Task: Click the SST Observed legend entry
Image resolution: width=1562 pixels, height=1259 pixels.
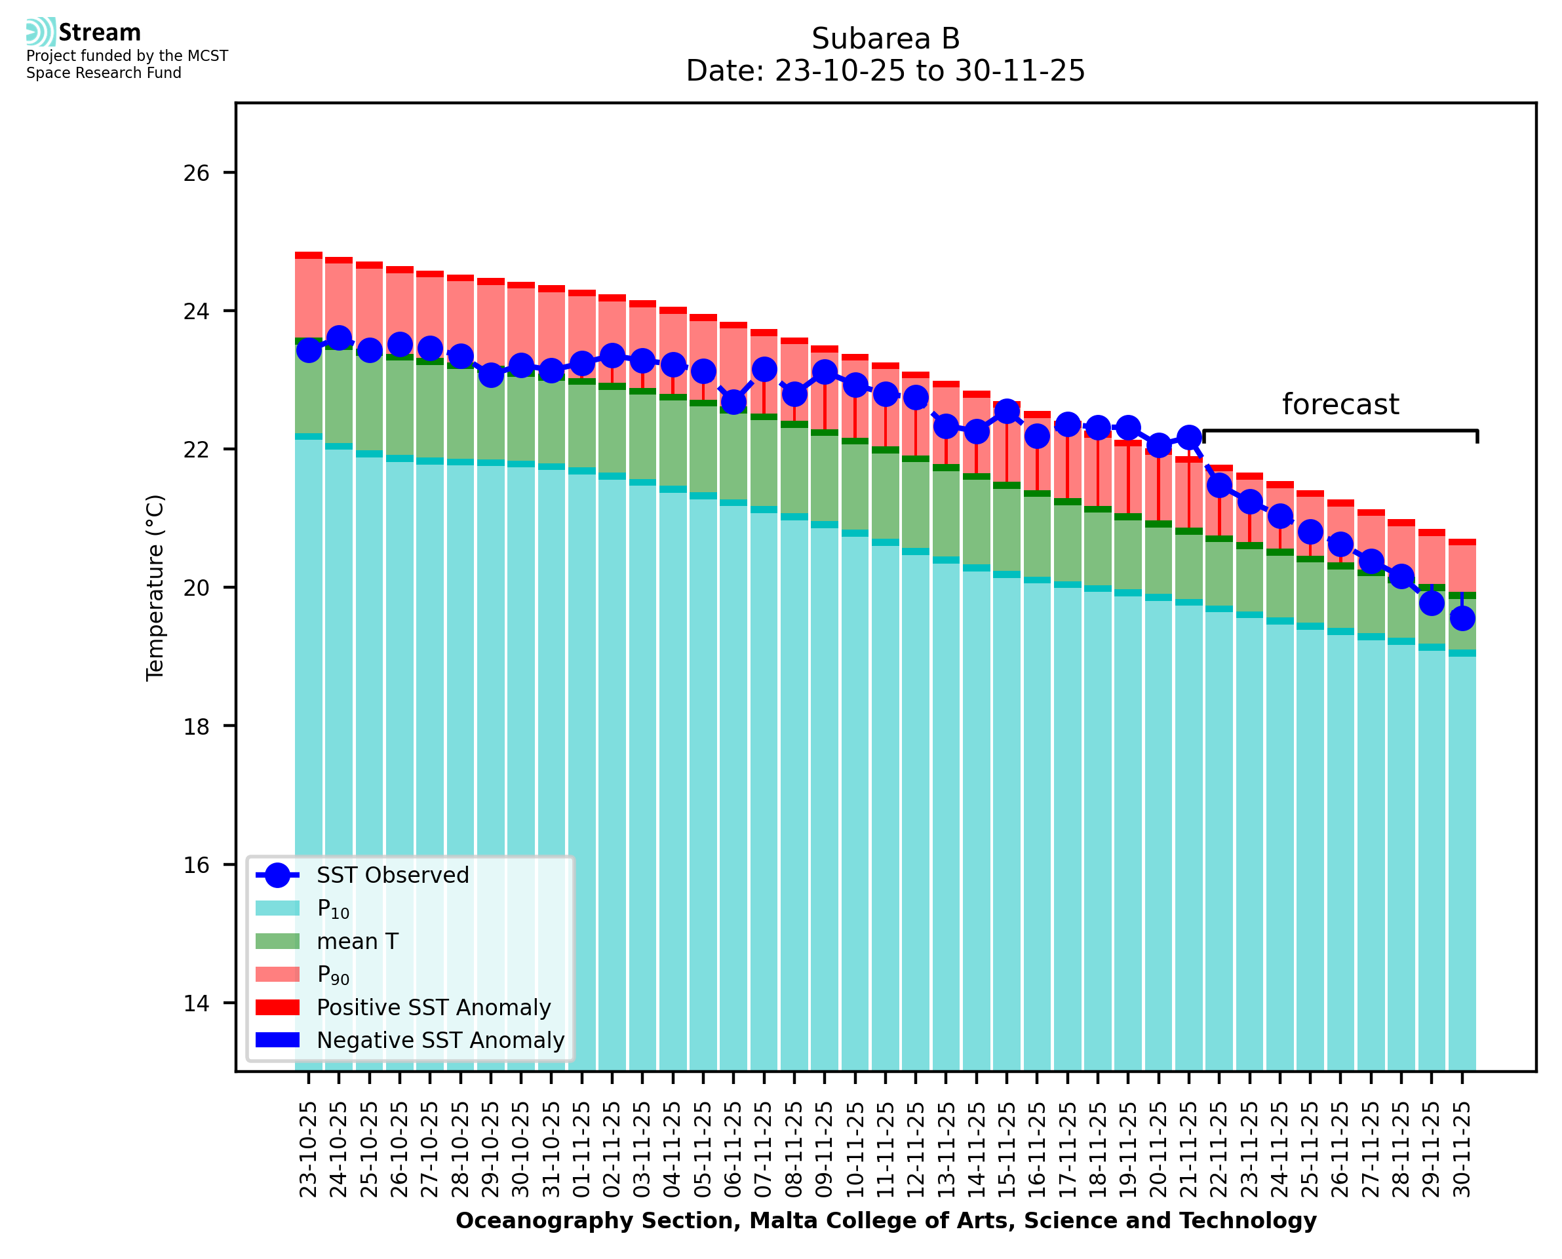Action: pyautogui.click(x=393, y=876)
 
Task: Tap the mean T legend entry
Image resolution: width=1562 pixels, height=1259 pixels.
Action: pyautogui.click(x=357, y=941)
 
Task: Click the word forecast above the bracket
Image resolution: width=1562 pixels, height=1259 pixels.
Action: pyautogui.click(x=1340, y=404)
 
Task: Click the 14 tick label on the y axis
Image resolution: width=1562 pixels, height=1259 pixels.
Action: pyautogui.click(x=196, y=1003)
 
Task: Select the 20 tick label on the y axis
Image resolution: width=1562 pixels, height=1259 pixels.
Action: pyautogui.click(x=196, y=588)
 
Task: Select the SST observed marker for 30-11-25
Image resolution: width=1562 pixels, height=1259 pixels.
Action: pyautogui.click(x=1462, y=619)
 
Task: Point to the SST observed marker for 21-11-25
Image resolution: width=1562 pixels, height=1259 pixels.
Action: pyautogui.click(x=1188, y=437)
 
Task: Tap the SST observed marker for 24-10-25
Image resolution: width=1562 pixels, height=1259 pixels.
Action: pyautogui.click(x=340, y=338)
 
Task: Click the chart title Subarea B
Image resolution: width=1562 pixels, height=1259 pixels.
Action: pyautogui.click(x=885, y=39)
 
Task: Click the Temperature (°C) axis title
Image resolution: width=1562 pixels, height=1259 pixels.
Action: pyautogui.click(x=155, y=588)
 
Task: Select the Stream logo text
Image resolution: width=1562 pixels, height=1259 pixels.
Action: pyautogui.click(x=100, y=33)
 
